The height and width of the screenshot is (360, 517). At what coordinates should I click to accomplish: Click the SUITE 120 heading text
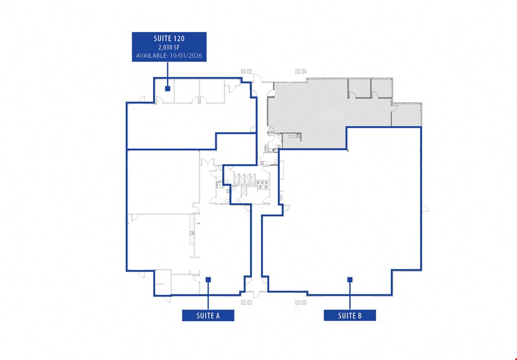[x=169, y=38]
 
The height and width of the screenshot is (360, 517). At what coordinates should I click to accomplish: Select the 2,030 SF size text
[x=169, y=47]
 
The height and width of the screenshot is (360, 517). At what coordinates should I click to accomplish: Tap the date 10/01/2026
[x=186, y=55]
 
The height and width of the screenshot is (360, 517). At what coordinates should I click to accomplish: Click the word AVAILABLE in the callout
[x=152, y=55]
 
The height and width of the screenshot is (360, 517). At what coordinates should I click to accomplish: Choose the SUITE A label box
[x=208, y=315]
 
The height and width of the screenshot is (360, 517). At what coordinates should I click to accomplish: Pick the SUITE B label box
[x=350, y=315]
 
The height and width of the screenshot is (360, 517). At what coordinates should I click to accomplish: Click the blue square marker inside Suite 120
[x=167, y=89]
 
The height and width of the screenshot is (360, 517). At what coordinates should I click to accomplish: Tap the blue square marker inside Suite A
[x=208, y=280]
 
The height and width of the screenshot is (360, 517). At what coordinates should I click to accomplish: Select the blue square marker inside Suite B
[x=350, y=280]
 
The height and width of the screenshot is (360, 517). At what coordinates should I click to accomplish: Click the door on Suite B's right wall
[x=425, y=208]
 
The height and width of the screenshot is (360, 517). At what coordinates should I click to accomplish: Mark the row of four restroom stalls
[x=244, y=179]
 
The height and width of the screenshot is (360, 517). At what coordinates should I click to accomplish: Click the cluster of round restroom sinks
[x=263, y=184]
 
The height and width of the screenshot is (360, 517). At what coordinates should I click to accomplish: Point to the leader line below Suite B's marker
[x=350, y=296]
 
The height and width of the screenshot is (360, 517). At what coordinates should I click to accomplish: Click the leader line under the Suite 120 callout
[x=167, y=74]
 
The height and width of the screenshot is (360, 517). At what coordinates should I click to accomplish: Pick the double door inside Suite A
[x=208, y=162]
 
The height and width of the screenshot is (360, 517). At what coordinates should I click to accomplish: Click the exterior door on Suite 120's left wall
[x=141, y=99]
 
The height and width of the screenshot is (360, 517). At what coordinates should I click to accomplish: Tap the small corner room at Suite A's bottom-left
[x=163, y=283]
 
